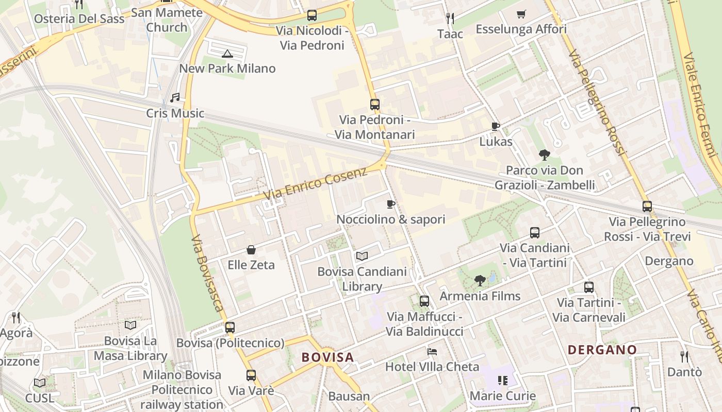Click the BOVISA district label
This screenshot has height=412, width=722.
[x=327, y=357]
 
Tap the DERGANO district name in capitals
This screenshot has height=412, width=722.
[x=602, y=350]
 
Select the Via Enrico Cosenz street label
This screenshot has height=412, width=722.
[x=315, y=184]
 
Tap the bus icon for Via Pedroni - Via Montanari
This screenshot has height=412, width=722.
[x=375, y=105]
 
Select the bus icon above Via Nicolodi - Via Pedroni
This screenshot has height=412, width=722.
[x=311, y=15]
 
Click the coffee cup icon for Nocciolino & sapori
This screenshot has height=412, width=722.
[x=391, y=204]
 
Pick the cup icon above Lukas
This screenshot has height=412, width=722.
[x=496, y=127]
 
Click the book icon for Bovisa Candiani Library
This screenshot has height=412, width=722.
[x=362, y=256]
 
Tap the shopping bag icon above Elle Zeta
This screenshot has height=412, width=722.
[x=251, y=250]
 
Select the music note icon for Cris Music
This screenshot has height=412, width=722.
[x=175, y=98]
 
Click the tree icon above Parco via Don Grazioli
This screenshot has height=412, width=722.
[x=544, y=154]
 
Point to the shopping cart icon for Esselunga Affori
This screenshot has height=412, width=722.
[x=521, y=14]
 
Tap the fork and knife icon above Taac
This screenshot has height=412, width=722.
[x=450, y=19]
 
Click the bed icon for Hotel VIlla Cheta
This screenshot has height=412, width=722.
[x=432, y=352]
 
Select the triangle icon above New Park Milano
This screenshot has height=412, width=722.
[x=227, y=53]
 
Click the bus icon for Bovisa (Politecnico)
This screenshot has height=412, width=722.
[x=230, y=328]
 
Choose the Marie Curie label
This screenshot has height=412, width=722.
[x=502, y=396]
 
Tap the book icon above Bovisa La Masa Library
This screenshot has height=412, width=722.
[x=130, y=325]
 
